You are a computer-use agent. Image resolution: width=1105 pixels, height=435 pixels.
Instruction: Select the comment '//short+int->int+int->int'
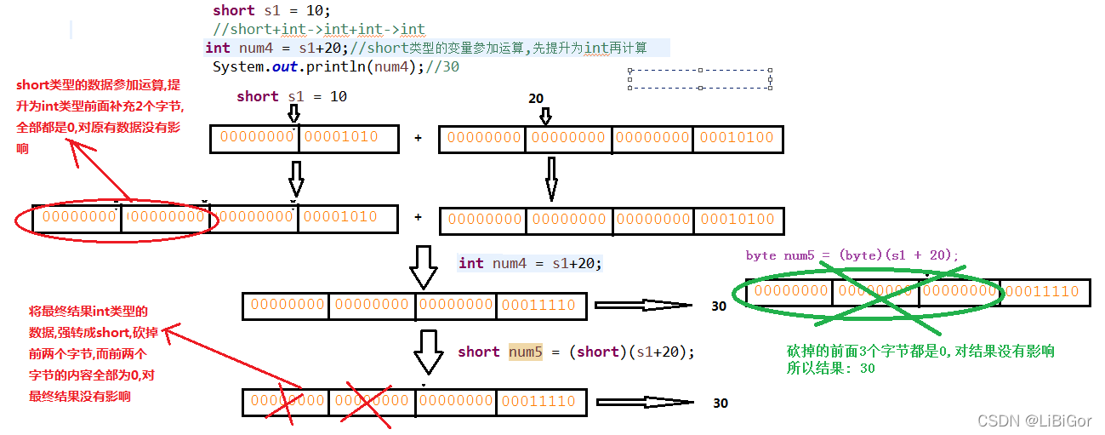pos(319,30)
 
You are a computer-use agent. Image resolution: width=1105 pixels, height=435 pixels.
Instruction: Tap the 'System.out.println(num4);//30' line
pos(336,66)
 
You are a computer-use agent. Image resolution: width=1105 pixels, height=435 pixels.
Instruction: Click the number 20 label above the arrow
pos(536,99)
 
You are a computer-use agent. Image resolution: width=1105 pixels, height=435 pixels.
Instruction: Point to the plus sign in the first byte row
pos(418,138)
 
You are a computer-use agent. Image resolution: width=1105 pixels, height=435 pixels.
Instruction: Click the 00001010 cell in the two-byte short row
pos(348,138)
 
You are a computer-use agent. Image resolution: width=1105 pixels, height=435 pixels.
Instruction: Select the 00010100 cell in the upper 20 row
pos(737,138)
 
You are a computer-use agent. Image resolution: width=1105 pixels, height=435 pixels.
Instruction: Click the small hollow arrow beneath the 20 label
pos(545,116)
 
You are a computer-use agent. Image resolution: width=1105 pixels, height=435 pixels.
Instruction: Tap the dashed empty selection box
pos(699,78)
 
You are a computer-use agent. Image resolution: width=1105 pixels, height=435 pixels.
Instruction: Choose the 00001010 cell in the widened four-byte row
pos(348,218)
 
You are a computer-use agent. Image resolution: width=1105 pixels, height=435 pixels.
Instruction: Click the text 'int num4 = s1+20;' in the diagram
pos(530,264)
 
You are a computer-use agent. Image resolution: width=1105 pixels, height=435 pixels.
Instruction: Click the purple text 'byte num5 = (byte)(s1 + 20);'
pos(852,255)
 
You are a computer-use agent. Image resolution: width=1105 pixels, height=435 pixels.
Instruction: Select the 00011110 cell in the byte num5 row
pos(1042,291)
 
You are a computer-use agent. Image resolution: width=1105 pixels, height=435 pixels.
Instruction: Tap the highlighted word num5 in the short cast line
pos(525,352)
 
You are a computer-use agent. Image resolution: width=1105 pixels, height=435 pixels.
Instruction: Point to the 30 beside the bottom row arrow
pos(721,403)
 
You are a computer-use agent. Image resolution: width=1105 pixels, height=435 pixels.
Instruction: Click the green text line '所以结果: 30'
pos(831,369)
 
